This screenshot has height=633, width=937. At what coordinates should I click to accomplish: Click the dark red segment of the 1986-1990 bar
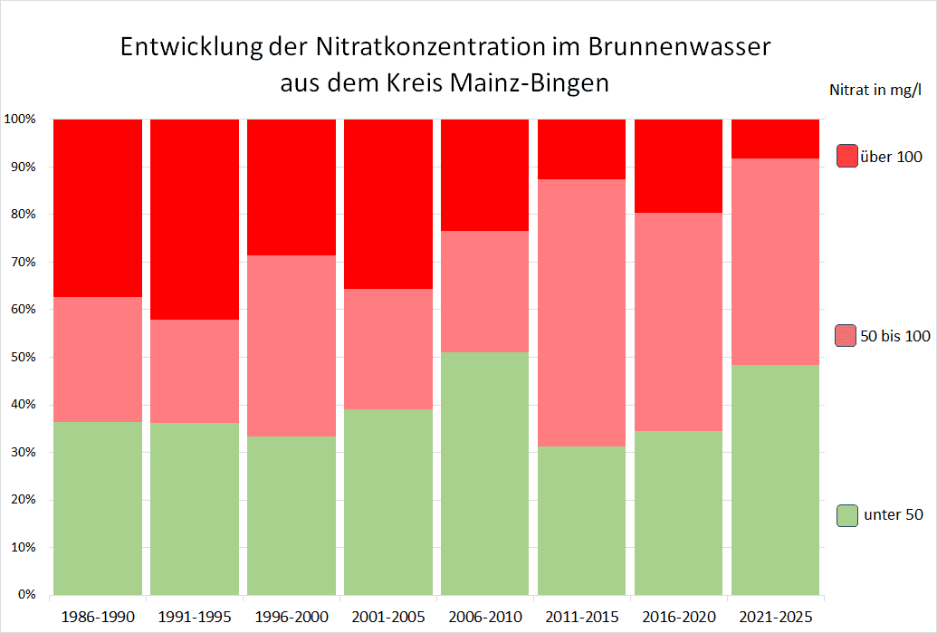pyautogui.click(x=98, y=207)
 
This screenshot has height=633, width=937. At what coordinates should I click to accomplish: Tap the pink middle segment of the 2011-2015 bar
pyautogui.click(x=582, y=312)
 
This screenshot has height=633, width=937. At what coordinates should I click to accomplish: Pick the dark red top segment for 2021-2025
pyautogui.click(x=776, y=139)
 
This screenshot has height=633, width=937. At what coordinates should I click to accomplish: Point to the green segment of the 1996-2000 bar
pyautogui.click(x=292, y=515)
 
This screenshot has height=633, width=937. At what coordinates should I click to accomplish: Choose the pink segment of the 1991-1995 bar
pyautogui.click(x=195, y=371)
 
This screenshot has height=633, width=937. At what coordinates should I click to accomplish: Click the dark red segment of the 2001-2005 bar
pyautogui.click(x=388, y=204)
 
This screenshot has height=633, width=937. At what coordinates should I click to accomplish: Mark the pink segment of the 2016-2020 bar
pyautogui.click(x=679, y=321)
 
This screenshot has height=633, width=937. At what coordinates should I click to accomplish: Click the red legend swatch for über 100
pyautogui.click(x=847, y=156)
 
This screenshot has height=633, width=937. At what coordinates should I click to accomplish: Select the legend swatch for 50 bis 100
pyautogui.click(x=846, y=336)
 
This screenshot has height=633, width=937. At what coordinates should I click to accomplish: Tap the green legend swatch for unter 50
pyautogui.click(x=847, y=515)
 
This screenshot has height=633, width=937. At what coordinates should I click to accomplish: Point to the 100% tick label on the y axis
pyautogui.click(x=19, y=120)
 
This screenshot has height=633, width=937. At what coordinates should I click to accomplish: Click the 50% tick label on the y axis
pyautogui.click(x=22, y=358)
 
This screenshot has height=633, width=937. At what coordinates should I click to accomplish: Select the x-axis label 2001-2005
pyautogui.click(x=388, y=618)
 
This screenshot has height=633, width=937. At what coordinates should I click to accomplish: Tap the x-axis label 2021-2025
pyautogui.click(x=776, y=618)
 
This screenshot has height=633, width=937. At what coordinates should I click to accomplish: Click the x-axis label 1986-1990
pyautogui.click(x=98, y=618)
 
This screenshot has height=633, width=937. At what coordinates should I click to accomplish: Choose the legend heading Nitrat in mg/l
pyautogui.click(x=875, y=90)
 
